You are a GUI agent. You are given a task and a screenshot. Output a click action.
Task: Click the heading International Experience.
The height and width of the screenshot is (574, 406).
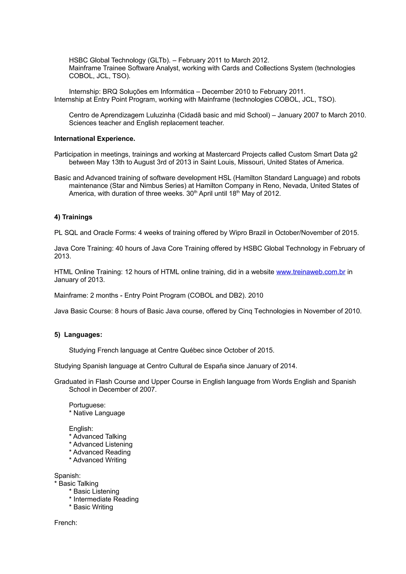pyautogui.click(x=95, y=139)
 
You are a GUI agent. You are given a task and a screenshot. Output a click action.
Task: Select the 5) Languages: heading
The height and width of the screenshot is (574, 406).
pyautogui.click(x=78, y=335)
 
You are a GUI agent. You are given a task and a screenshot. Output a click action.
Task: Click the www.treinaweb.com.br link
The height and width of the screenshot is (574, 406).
pyautogui.click(x=311, y=272)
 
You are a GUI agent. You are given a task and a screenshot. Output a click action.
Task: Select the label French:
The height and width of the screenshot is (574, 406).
pyautogui.click(x=66, y=523)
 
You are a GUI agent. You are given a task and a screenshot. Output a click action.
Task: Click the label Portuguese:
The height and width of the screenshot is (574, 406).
pyautogui.click(x=87, y=405)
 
